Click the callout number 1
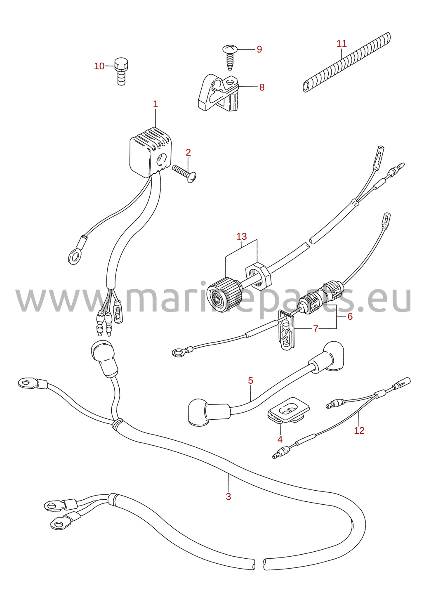pos(155,104)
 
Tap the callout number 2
pos(188,152)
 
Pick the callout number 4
pos(280,439)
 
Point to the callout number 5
pos(250,380)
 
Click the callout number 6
pos(350,317)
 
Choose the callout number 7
pos(316,328)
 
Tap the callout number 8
pos(262,87)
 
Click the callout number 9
pos(259,49)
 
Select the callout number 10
pos(99,66)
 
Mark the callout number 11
pos(342,43)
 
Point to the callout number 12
pos(359,430)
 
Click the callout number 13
pos(241,236)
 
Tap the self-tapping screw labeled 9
pos(230,58)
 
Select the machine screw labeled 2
pos(185,174)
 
